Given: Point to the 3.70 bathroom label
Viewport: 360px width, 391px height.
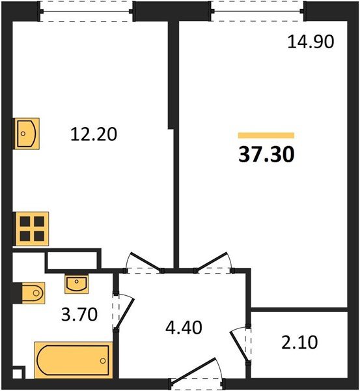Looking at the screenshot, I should pos(79,317).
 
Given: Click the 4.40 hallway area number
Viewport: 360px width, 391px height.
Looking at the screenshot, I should pos(183,325).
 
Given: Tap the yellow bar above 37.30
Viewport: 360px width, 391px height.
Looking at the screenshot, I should pos(266,136).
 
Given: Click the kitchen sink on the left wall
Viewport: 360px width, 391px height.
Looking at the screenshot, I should pos(26,134).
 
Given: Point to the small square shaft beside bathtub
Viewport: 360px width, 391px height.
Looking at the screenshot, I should pos(18,373).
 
